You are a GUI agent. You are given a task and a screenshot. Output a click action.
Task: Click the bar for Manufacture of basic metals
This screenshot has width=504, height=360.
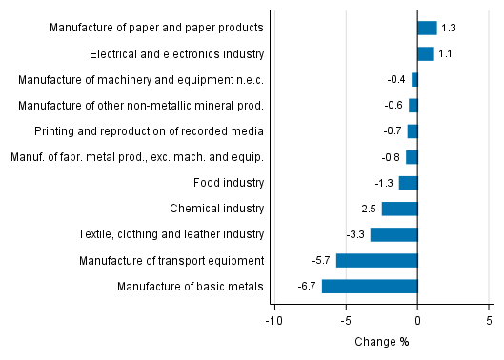(370, 286)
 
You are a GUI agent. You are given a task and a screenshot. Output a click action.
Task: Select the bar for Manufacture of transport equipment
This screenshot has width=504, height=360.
(376, 260)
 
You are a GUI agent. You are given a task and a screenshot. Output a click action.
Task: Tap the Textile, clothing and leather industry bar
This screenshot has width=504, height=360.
(393, 234)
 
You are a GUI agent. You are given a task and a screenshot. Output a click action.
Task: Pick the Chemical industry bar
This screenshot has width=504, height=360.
(399, 209)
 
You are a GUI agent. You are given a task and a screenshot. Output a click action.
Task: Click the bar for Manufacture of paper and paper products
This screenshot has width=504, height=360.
(427, 29)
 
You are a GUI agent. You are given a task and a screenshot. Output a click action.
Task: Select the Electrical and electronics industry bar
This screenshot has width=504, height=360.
(425, 54)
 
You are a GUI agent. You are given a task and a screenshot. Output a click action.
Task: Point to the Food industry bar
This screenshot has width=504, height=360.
(408, 183)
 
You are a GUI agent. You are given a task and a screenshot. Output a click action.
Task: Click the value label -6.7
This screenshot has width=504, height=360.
(306, 286)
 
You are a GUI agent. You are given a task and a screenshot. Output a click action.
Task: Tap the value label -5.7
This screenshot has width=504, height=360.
(320, 260)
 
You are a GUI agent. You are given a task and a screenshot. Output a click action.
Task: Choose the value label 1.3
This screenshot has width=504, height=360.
(449, 29)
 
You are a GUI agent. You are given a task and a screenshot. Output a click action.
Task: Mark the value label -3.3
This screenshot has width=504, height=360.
(354, 234)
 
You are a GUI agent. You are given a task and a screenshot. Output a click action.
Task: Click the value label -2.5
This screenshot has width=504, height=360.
(366, 209)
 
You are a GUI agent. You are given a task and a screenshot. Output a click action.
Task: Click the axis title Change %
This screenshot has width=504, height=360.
(381, 342)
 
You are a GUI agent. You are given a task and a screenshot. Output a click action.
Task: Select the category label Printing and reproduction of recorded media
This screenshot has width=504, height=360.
(149, 131)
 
